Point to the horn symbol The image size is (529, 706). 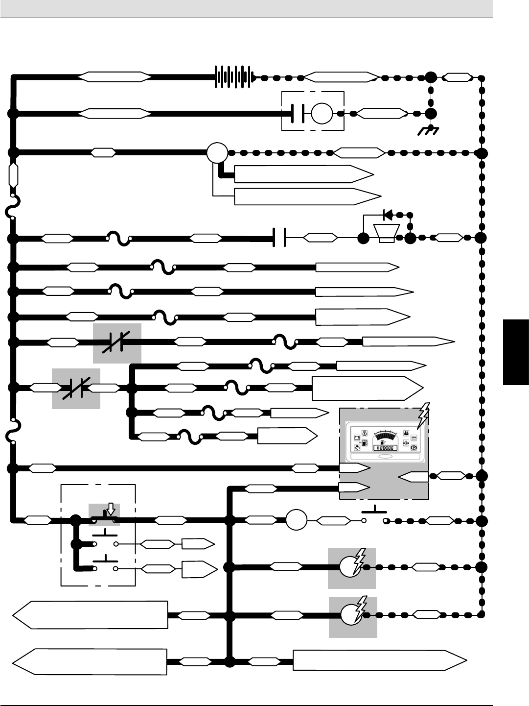pyautogui.click(x=387, y=232)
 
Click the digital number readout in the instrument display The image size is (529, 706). pyautogui.click(x=385, y=448)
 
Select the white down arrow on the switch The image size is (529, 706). pyautogui.click(x=111, y=509)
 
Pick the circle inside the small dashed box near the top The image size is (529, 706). pyautogui.click(x=322, y=113)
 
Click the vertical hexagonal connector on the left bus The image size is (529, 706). pyautogui.click(x=13, y=175)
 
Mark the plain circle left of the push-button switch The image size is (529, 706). pyautogui.click(x=296, y=520)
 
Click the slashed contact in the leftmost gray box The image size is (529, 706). pyautogui.click(x=76, y=389)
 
